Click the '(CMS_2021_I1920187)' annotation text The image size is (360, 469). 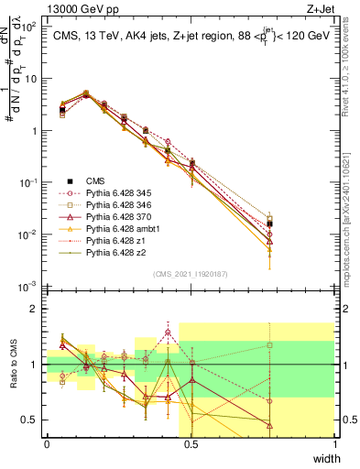(x=191, y=273)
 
